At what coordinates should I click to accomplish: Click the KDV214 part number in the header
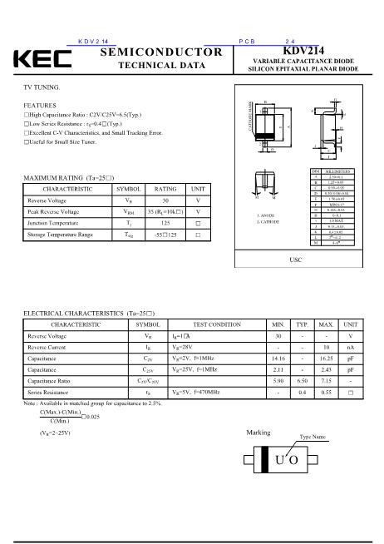coord(303,51)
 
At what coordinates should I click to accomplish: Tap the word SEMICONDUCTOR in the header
coord(161,52)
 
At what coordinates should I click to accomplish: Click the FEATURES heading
coord(40,106)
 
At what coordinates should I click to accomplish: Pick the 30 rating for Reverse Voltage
coord(165,200)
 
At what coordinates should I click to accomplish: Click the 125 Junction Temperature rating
coord(165,223)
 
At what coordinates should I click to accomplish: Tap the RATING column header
coord(165,190)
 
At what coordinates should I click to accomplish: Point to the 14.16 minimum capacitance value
coord(278,358)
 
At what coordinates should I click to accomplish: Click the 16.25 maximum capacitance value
coord(326,358)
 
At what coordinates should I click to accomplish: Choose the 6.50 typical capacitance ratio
coord(303,380)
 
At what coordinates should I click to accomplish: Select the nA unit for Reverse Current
coord(351,347)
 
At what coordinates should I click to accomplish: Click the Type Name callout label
coord(313,437)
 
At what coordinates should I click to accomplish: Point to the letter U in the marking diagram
coord(280,460)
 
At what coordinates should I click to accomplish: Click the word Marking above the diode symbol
coord(259,433)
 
